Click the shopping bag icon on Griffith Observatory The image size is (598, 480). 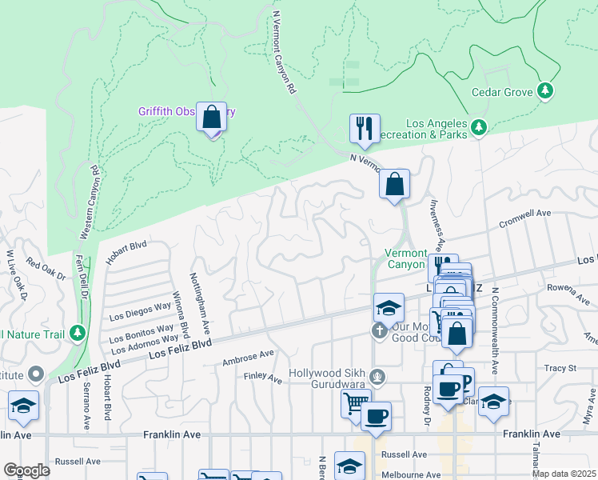(x=212, y=117)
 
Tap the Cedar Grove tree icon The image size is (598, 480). (x=546, y=91)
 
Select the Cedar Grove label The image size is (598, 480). (x=502, y=92)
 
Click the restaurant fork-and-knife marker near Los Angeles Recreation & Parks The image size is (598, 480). (x=364, y=128)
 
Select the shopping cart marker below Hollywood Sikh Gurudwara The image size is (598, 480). (x=355, y=403)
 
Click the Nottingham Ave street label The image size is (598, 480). (x=199, y=303)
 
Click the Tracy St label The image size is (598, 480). (x=560, y=368)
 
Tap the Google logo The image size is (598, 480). (x=27, y=470)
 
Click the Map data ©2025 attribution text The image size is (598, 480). (x=564, y=474)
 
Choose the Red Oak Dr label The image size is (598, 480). (x=45, y=269)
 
